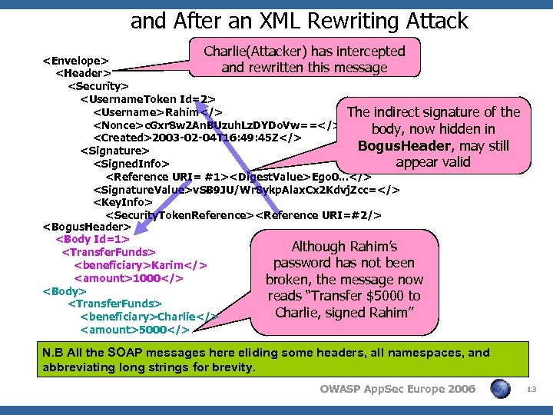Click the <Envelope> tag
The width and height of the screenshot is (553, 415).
click(x=75, y=60)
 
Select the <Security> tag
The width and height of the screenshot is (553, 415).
click(x=98, y=86)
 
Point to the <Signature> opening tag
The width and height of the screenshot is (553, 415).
click(x=114, y=151)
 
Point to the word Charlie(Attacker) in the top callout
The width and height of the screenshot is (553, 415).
click(x=258, y=51)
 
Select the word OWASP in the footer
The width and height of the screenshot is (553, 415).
click(x=342, y=390)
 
